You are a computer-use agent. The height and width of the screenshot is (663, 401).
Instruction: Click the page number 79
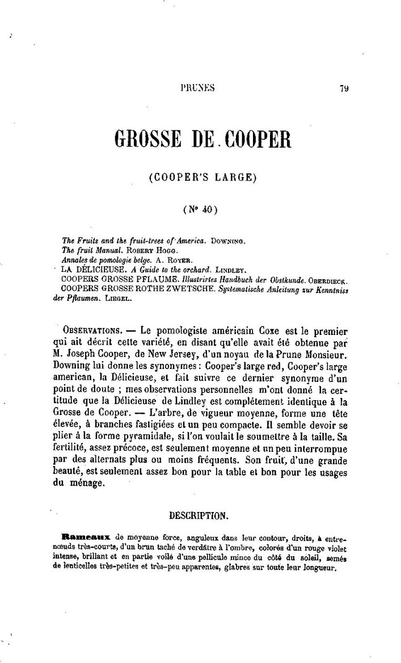[x=344, y=88]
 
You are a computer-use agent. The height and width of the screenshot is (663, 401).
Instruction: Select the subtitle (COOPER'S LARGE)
[x=202, y=178]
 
